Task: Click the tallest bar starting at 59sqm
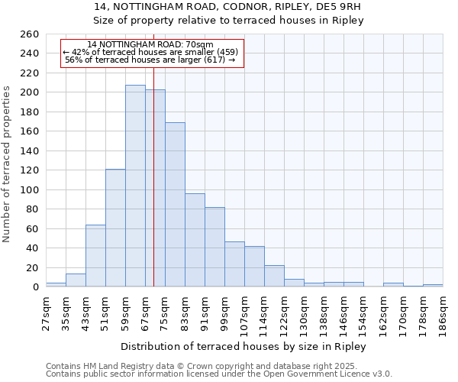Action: tap(135, 186)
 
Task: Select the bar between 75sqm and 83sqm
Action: tap(175, 204)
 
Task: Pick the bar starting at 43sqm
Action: tap(95, 255)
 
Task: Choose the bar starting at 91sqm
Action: tap(214, 247)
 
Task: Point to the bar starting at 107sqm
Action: tap(254, 266)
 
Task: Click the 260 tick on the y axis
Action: tap(30, 34)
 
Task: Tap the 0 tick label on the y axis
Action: tap(36, 287)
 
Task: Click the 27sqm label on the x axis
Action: tap(46, 312)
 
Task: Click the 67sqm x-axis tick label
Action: tap(145, 312)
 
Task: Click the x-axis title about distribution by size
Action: tap(244, 346)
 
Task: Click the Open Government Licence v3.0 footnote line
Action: tap(218, 374)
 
